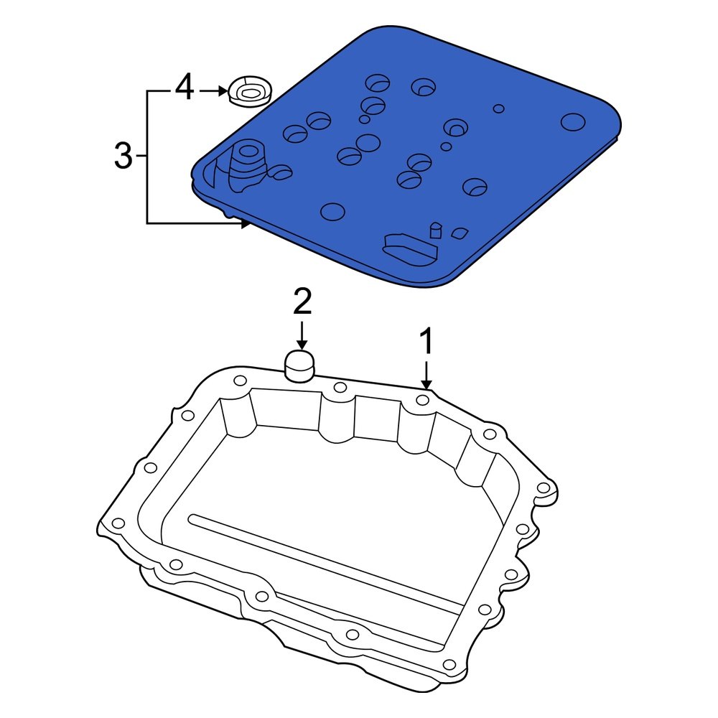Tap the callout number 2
tap(302, 303)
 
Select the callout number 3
tap(124, 156)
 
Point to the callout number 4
tap(185, 89)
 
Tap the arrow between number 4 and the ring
tap(213, 91)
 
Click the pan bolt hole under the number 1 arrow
tap(424, 400)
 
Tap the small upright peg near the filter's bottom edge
tap(434, 230)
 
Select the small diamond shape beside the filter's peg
tap(458, 233)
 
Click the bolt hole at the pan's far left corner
tap(118, 523)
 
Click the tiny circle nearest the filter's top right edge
tap(498, 109)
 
